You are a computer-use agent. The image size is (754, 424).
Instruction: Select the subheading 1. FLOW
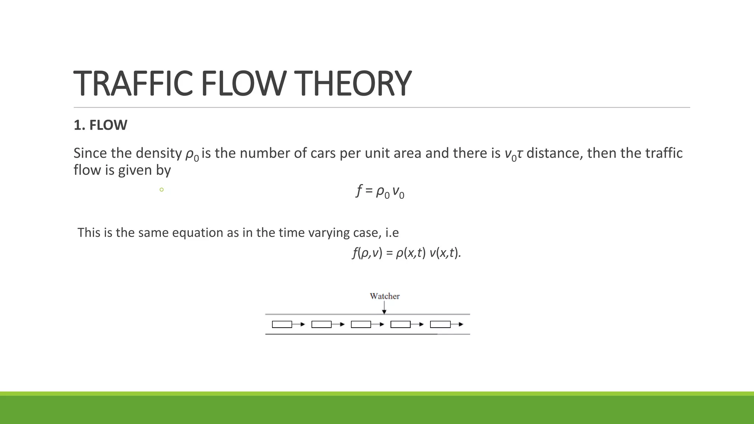coord(100,125)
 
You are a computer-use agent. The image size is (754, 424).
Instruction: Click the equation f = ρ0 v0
coord(380,191)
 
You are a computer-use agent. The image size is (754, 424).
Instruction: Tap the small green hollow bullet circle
coord(161,190)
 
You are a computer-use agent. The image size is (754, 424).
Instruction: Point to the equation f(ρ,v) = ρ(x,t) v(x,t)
coord(406,253)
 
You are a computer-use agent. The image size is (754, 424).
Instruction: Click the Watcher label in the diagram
coord(384,296)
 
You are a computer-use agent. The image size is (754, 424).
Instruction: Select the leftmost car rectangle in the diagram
coord(282,324)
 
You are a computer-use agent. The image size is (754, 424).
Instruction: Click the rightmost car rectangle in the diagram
coord(440,324)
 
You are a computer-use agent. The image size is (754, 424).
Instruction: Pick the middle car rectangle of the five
coord(361,324)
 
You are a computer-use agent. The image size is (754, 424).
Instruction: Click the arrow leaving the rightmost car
coord(457,324)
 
